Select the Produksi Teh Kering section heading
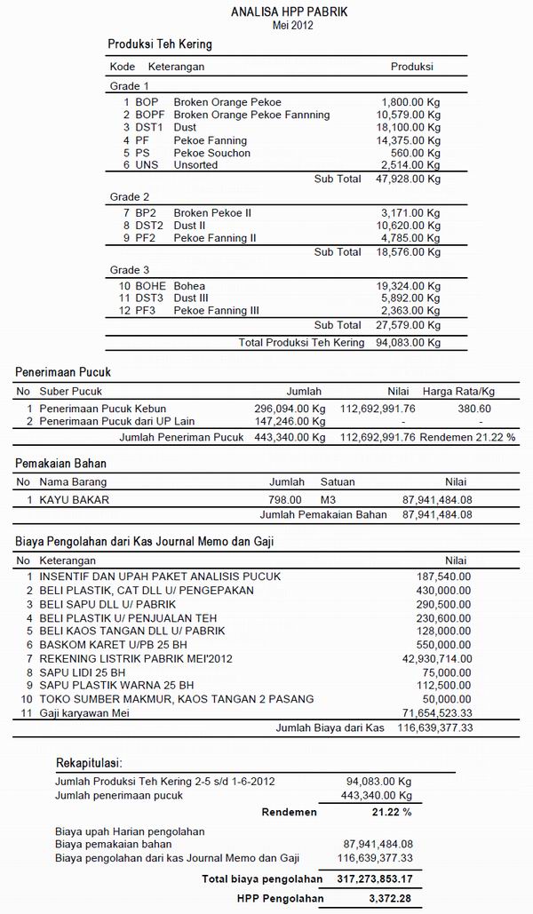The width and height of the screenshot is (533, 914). click(x=160, y=44)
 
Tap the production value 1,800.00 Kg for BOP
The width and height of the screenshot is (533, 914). click(x=410, y=102)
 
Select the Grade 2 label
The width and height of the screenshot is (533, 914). click(x=130, y=196)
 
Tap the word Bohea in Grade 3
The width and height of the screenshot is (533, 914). click(x=189, y=286)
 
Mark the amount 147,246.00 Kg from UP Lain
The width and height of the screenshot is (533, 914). click(x=290, y=421)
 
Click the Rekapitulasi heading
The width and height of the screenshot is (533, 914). click(x=89, y=763)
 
